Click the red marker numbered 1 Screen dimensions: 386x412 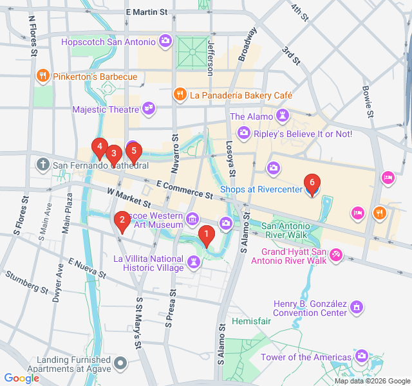tap(206, 235)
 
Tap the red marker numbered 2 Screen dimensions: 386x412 tap(121, 221)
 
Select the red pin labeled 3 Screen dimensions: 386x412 tap(113, 154)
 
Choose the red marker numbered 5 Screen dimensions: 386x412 tap(133, 152)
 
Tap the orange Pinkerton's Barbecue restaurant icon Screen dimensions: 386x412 tap(42, 77)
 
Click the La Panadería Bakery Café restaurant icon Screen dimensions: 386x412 tap(181, 95)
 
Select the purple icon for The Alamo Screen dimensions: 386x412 tap(282, 116)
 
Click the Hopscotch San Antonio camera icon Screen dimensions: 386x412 tap(165, 42)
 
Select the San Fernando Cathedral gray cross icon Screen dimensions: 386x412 tap(43, 165)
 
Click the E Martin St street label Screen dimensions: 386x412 tap(147, 12)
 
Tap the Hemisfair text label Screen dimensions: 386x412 tap(247, 320)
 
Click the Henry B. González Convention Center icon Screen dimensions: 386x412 tap(357, 309)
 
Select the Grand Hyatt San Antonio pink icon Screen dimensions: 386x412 tap(335, 256)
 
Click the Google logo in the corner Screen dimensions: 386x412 tap(21, 378)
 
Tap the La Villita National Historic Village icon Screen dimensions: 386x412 tap(193, 262)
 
